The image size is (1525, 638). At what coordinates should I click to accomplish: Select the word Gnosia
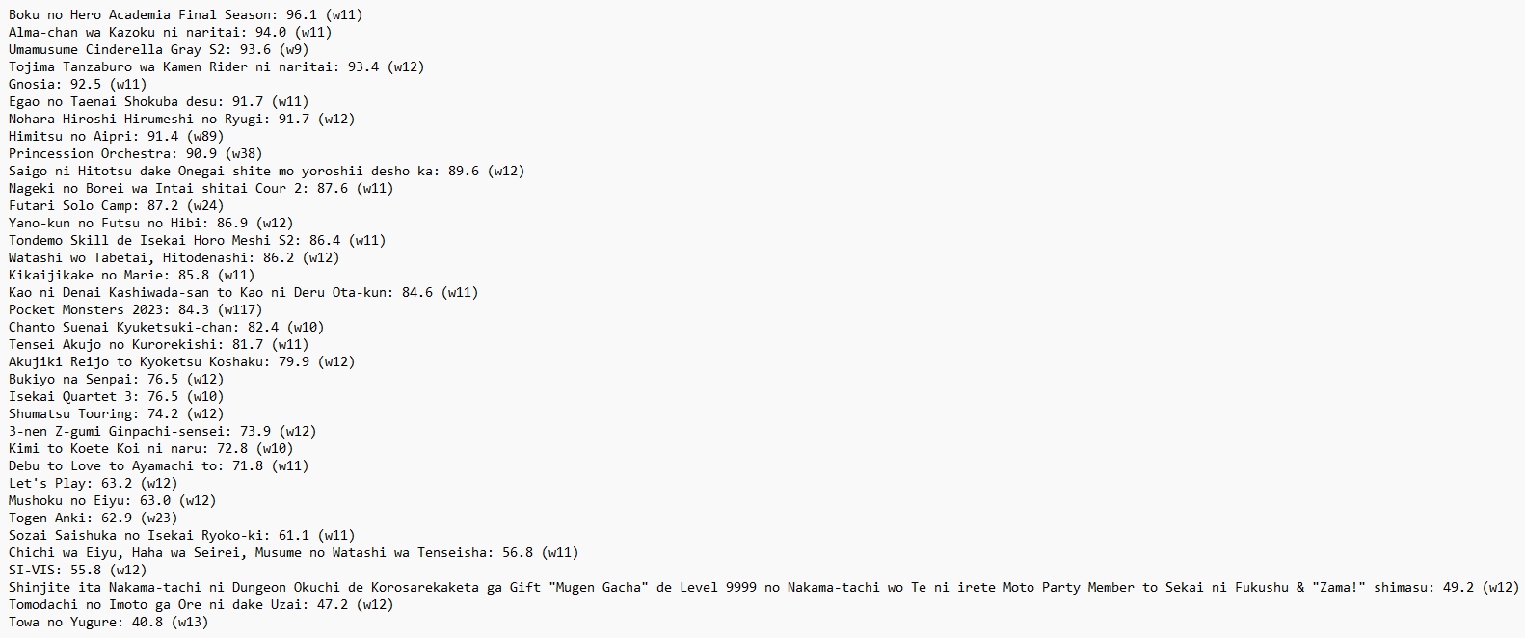click(32, 84)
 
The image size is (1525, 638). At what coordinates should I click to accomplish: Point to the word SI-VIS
click(32, 570)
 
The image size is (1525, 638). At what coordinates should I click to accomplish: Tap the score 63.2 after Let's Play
click(117, 483)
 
